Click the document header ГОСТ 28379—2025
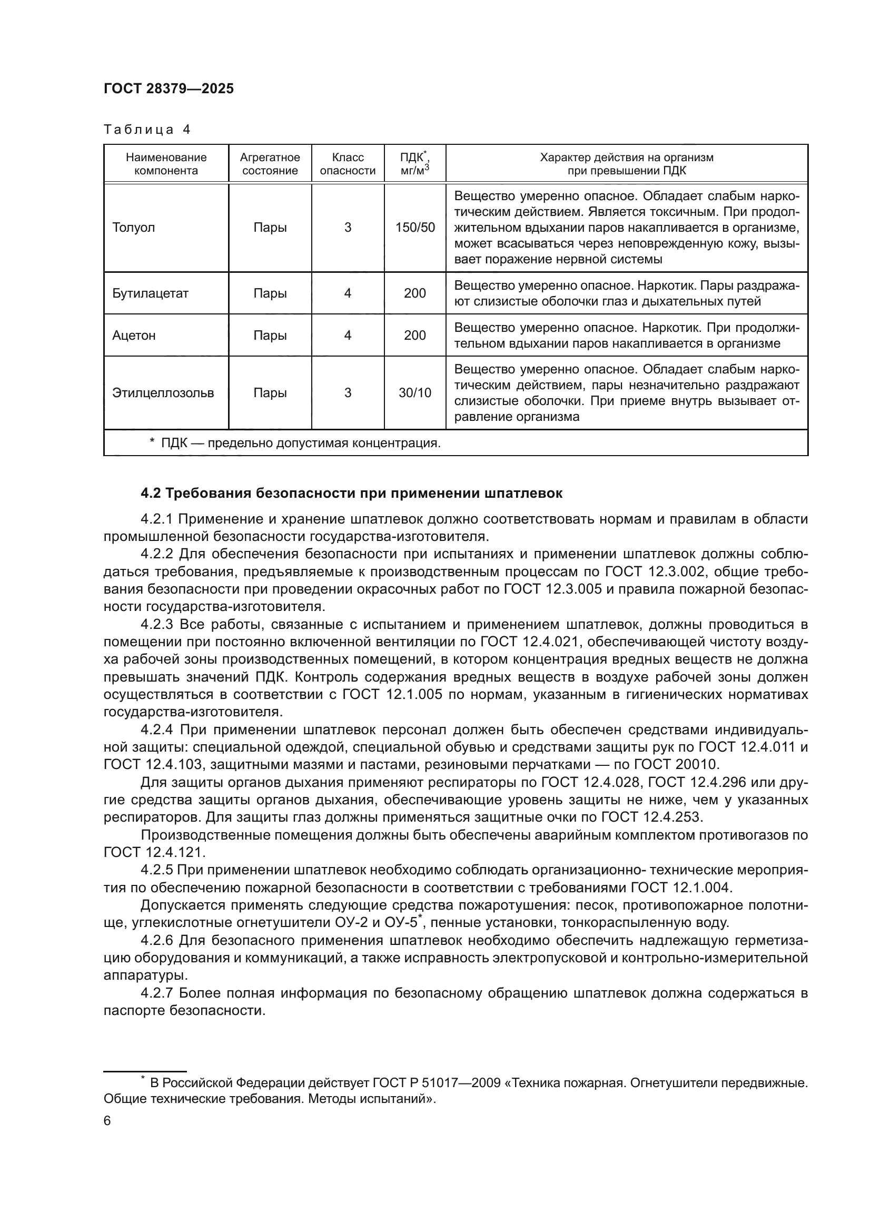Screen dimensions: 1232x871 [x=169, y=89]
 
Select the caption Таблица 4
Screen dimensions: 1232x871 [x=147, y=130]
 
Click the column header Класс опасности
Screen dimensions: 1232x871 [x=348, y=164]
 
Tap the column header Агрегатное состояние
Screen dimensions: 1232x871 [x=270, y=164]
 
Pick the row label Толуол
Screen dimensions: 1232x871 [x=134, y=228]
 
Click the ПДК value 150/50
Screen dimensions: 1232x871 [x=415, y=228]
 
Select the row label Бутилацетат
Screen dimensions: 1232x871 [x=150, y=293]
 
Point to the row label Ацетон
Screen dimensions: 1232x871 [x=134, y=336]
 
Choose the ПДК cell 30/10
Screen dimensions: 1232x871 [x=415, y=393]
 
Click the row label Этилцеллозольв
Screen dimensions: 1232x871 [x=163, y=393]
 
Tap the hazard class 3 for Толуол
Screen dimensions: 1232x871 [x=348, y=228]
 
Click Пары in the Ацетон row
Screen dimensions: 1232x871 [x=270, y=336]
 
